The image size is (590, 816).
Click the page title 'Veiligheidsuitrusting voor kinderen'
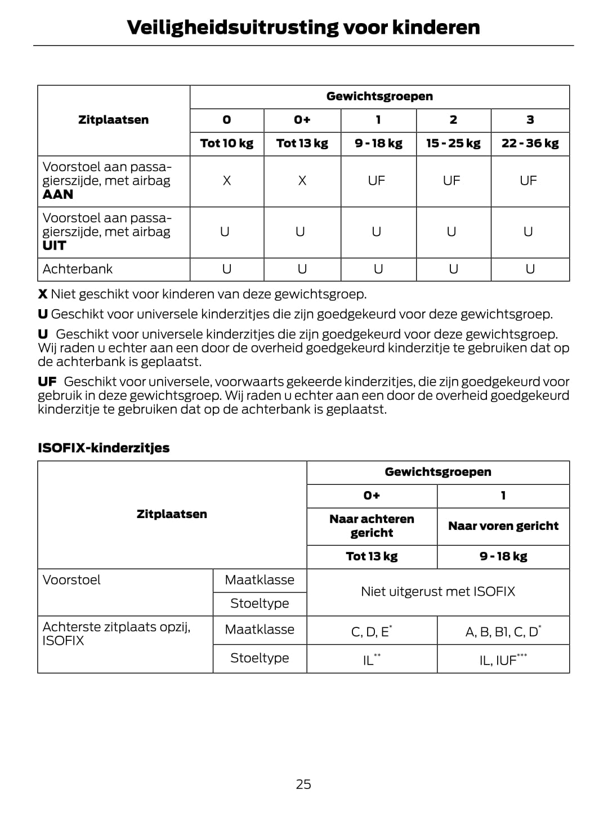303,27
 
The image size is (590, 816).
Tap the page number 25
303,784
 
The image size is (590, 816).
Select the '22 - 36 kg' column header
530,143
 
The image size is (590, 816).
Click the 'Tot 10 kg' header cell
226,143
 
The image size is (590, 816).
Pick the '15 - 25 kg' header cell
453,143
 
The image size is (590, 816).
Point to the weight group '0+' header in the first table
302,119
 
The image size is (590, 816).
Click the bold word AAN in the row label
57,194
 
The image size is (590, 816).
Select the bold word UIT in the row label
54,246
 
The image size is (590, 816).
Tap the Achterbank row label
78,269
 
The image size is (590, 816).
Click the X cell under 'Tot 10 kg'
226,181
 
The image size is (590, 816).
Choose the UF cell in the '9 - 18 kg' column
377,181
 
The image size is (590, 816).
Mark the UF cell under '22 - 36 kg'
528,181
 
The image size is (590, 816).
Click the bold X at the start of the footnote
42,294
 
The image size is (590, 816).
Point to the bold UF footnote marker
47,382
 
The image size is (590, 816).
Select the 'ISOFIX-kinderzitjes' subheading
104,448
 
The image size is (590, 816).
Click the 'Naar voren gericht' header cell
503,526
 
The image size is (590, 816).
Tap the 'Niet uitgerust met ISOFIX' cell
437,591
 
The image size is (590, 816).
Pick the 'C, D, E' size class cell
371,631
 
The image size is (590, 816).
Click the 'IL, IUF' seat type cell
503,660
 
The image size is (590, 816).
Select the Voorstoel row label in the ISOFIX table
71,579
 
